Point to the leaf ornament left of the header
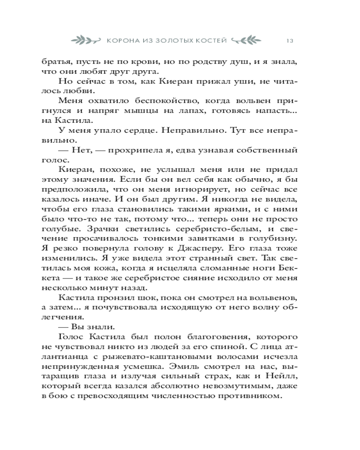[88, 40]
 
